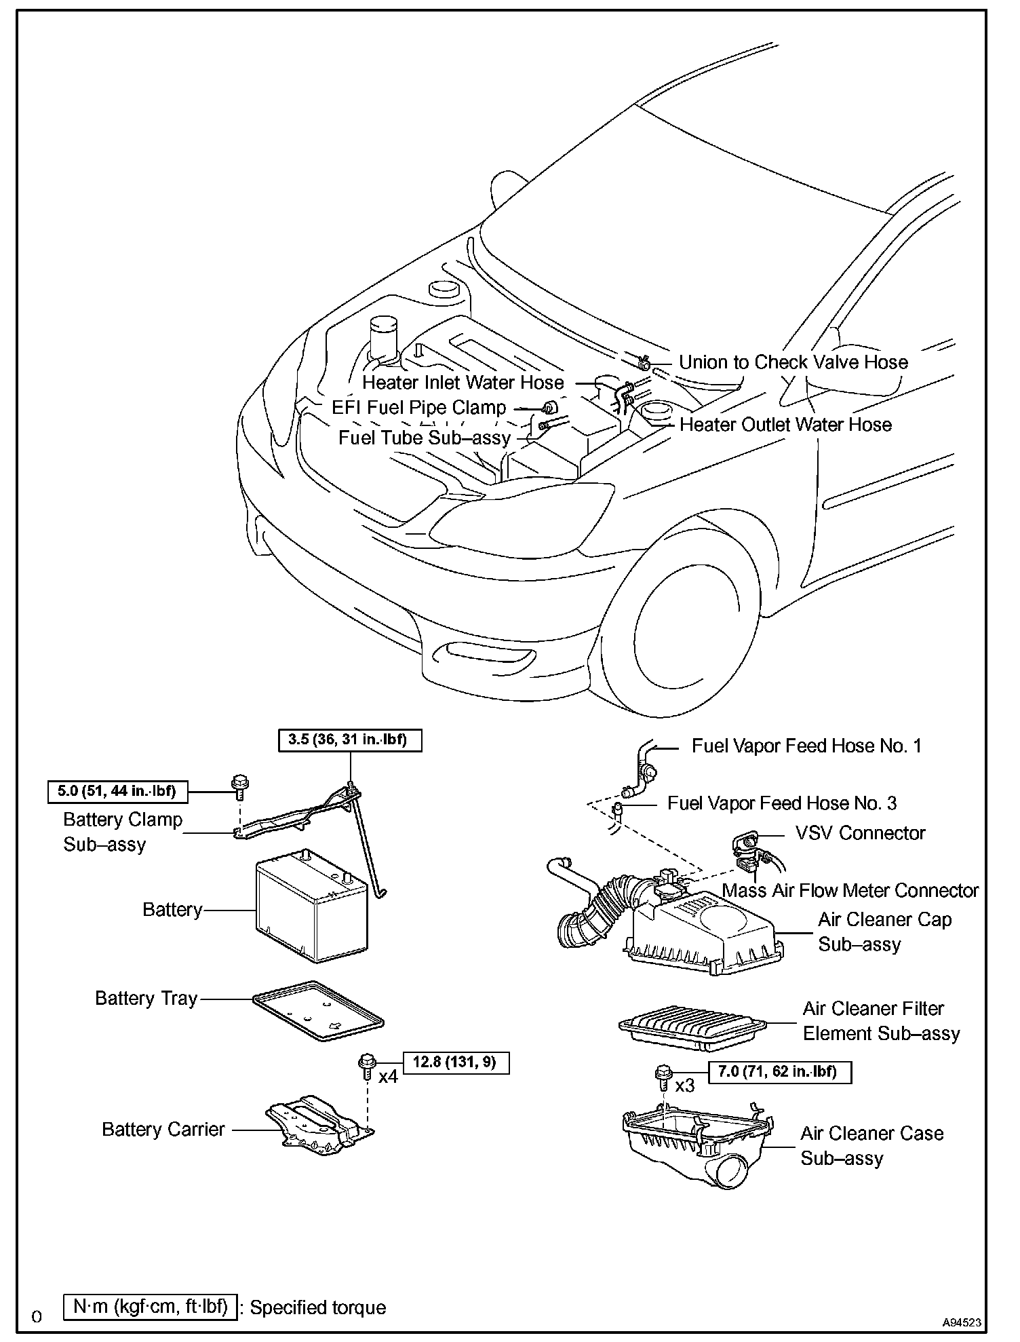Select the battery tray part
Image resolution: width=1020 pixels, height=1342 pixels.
[317, 1011]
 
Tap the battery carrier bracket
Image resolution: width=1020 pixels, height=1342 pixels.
[319, 1128]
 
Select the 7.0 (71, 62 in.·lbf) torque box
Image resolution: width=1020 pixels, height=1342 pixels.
[780, 1072]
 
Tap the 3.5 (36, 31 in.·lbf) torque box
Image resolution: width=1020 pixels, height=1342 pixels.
[350, 740]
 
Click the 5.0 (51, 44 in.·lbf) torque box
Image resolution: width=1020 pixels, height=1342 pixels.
[117, 790]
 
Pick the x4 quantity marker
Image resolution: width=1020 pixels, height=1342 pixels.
[387, 1077]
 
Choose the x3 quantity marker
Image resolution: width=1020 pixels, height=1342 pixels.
[685, 1086]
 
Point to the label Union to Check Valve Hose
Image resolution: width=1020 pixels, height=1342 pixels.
[793, 362]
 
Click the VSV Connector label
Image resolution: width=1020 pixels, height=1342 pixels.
[859, 833]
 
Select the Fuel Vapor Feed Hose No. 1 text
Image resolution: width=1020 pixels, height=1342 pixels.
[806, 746]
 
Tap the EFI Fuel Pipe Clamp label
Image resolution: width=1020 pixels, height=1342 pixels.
[418, 408]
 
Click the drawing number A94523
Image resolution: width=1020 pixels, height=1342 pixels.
[961, 1322]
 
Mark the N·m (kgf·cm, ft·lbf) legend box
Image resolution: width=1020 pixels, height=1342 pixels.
[150, 1307]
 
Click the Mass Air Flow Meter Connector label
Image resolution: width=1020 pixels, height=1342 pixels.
[850, 890]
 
